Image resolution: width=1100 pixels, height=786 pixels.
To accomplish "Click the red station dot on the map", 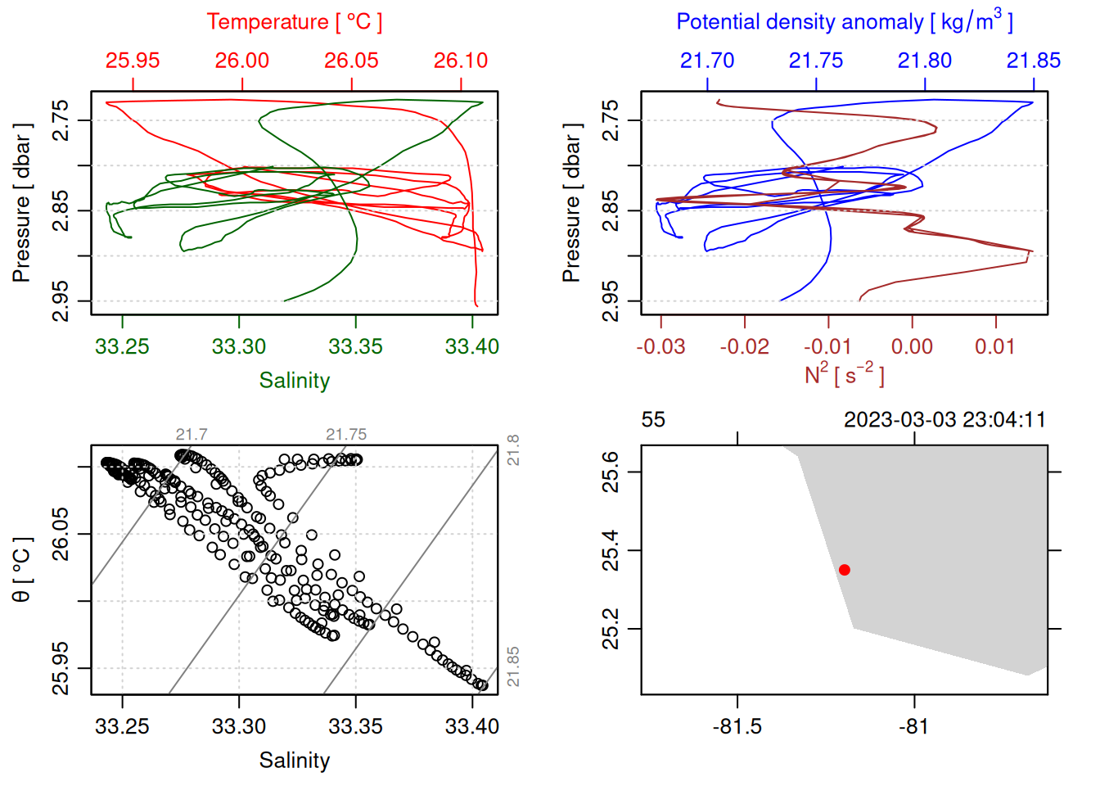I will point(844,570).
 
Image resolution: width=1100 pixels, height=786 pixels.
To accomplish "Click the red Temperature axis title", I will point(294,22).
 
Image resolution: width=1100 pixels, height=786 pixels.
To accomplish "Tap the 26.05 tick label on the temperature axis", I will point(351,61).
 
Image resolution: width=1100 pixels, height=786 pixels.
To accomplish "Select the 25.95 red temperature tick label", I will point(133,61).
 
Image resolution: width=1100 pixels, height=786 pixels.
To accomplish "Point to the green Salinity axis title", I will point(294,381).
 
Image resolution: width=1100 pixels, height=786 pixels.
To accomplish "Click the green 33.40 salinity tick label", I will point(471,346).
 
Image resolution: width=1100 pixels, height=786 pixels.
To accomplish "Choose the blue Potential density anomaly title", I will point(844,21).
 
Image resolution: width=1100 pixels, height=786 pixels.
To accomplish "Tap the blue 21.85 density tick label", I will point(1033,61).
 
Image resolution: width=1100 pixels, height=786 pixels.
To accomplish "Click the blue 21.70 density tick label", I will point(707,61).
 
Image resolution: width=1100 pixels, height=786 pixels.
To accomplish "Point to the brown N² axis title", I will point(844,374).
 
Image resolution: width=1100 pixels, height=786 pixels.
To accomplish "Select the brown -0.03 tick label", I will point(660,346).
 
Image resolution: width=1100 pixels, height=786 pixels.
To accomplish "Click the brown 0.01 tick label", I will point(995,346).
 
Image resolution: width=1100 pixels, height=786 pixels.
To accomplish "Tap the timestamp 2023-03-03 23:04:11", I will point(944,420).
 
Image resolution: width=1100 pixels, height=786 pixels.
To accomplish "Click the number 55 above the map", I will point(653,420).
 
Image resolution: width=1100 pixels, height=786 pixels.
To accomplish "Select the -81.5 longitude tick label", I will point(737,726).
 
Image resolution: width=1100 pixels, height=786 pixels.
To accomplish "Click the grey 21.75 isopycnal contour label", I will point(346,435).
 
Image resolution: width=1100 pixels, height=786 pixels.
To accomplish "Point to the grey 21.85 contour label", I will point(513,666).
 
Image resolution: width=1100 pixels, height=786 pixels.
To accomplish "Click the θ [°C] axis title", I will point(22,570).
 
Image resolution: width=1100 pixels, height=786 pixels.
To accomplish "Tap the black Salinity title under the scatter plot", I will point(294,761).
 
